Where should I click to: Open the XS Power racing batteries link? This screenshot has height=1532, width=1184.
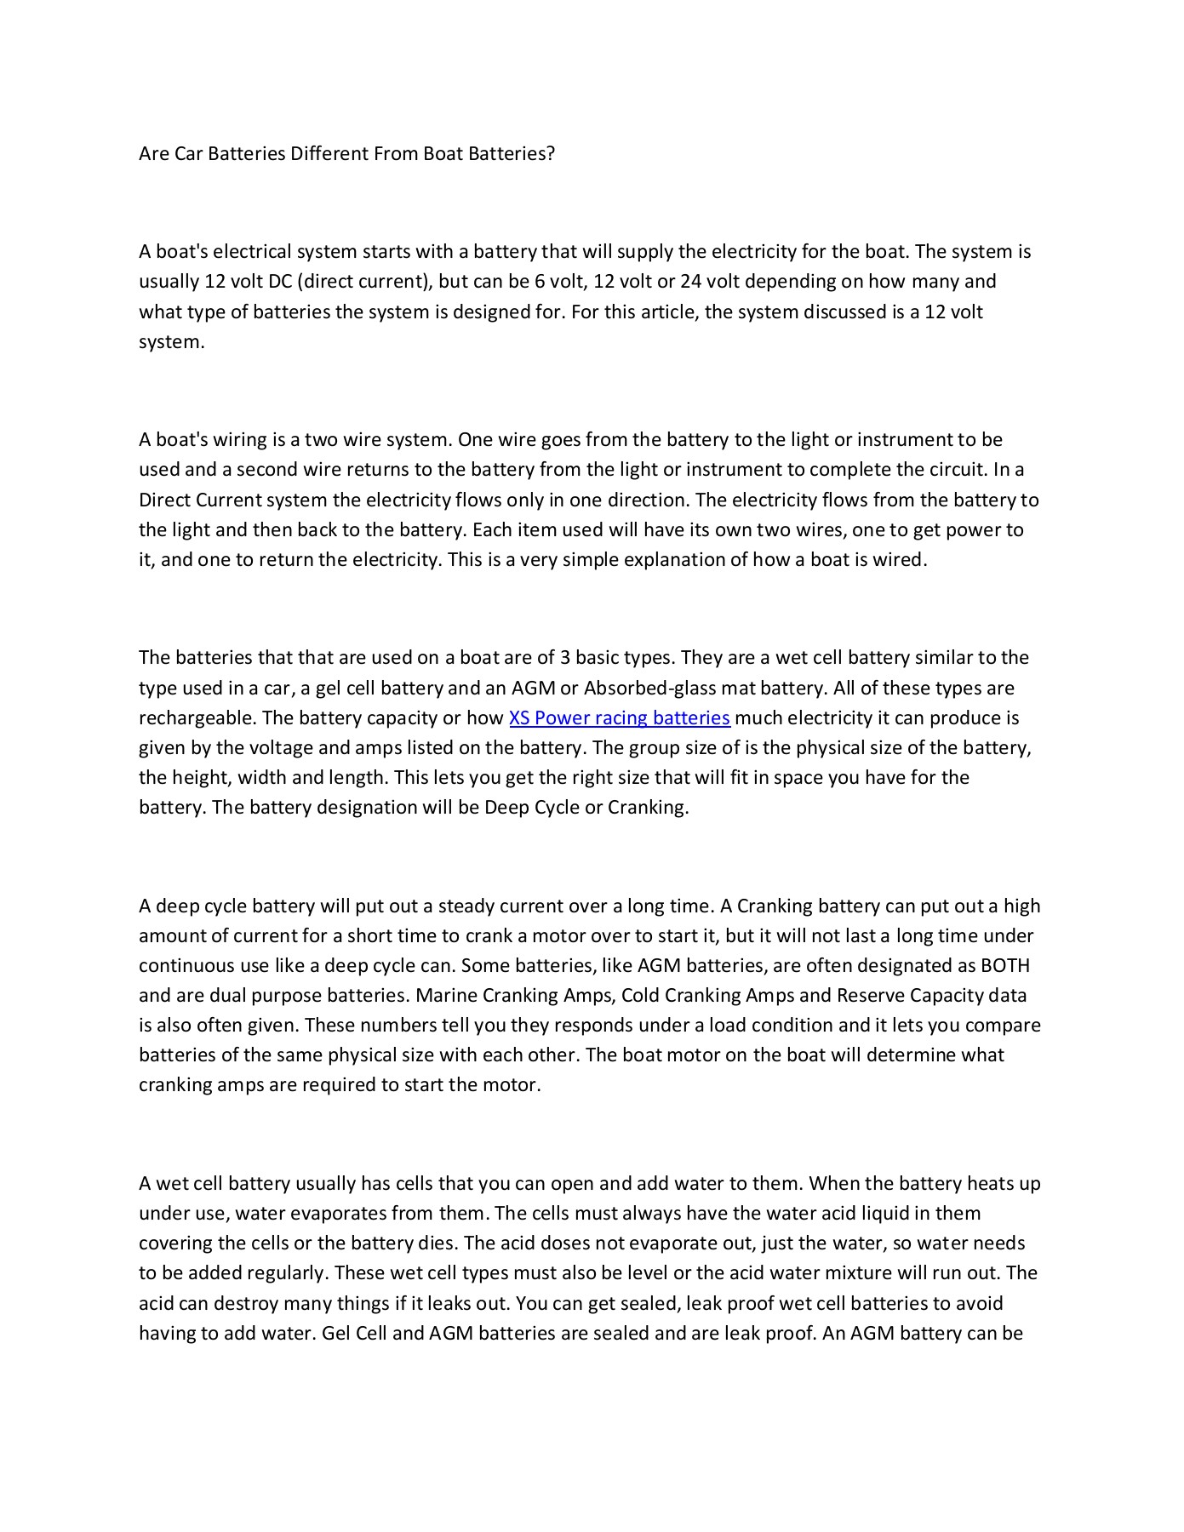[619, 717]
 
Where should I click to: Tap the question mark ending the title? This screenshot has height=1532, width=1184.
[551, 154]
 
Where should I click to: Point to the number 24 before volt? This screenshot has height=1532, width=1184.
[690, 282]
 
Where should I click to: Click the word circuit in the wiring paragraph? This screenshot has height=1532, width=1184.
[960, 470]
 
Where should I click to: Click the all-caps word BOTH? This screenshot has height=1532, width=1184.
[1005, 966]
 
